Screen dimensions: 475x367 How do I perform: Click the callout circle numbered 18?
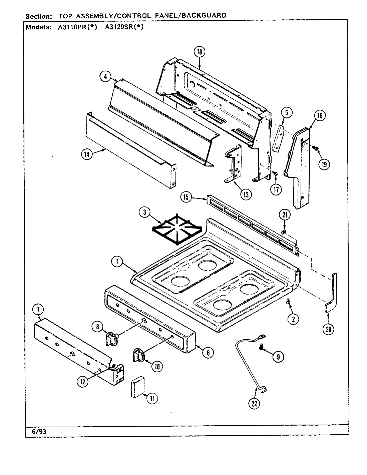199,52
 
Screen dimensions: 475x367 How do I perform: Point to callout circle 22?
254,404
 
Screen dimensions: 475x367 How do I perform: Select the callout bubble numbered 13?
246,195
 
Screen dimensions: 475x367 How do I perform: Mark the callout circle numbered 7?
38,310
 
